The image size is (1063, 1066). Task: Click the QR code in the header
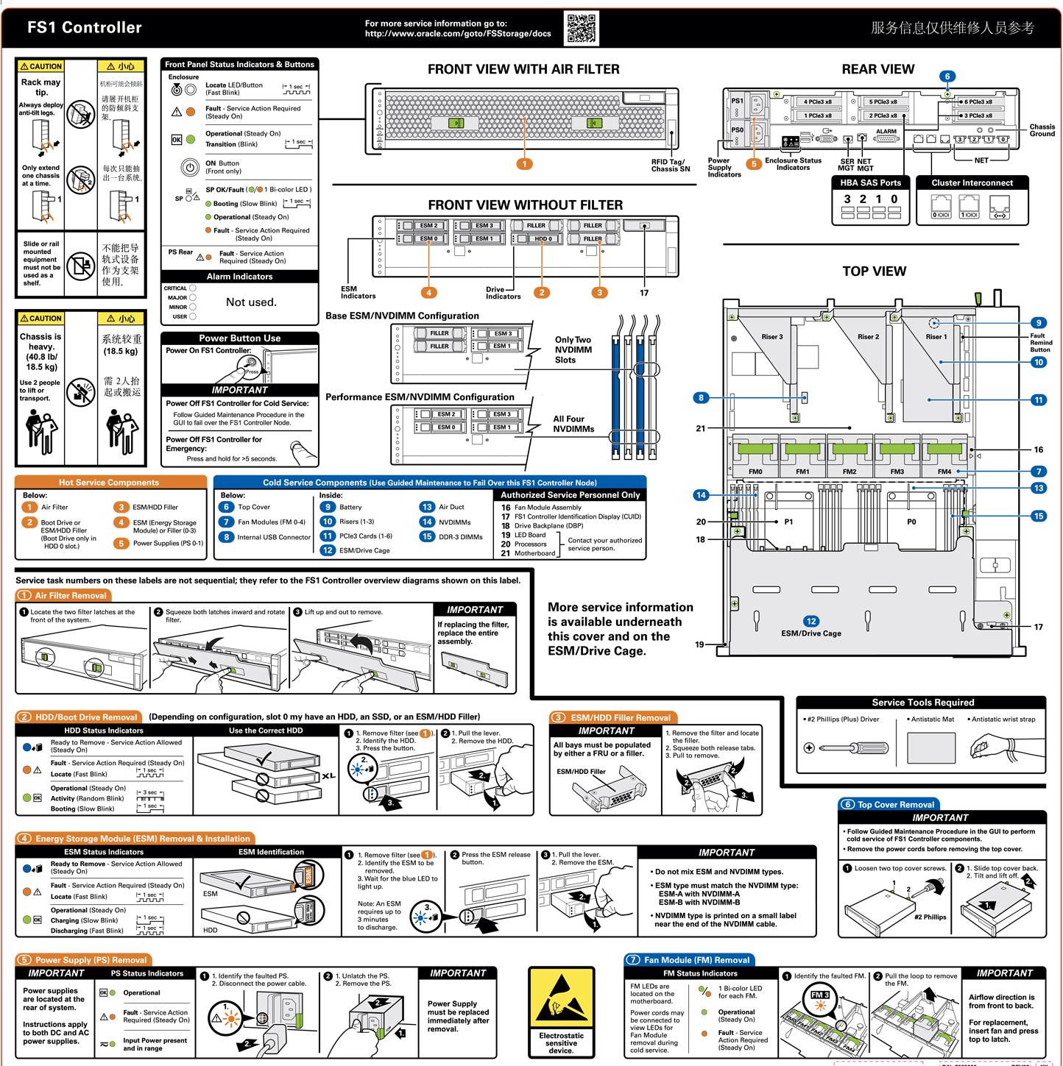coord(582,28)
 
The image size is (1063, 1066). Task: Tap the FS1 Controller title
coord(85,28)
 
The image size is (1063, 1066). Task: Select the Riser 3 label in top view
coord(771,337)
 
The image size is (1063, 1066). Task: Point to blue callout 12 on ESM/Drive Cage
coord(811,621)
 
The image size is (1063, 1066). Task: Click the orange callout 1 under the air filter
coord(524,164)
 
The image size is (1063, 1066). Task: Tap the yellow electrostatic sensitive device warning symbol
coord(561,999)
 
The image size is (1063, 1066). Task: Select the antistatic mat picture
coord(931,748)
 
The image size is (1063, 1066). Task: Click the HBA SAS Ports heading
coord(870,182)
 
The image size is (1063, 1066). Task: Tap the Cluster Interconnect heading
coord(972,182)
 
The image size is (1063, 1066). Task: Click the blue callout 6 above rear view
coord(947,77)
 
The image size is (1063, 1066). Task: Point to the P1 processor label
coord(788,522)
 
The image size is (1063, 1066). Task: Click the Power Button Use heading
coord(239,338)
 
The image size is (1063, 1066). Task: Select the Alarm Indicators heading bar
coord(239,277)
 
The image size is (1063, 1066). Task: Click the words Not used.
coord(251,302)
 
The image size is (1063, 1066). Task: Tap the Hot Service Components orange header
coord(109,483)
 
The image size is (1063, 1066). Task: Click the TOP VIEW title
coord(874,271)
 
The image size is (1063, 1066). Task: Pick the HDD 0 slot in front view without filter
coord(543,239)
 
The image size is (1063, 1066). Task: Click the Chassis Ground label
coord(1042,130)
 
